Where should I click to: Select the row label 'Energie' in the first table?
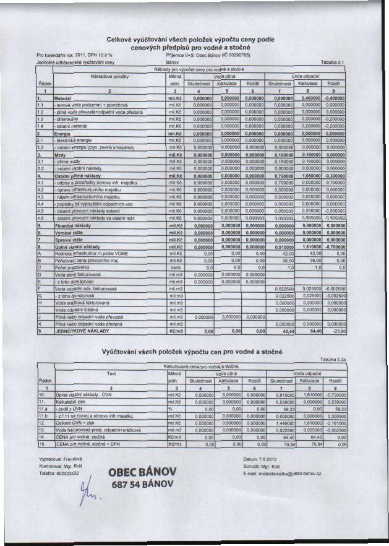click(x=64, y=132)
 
